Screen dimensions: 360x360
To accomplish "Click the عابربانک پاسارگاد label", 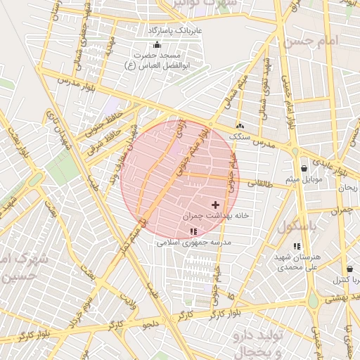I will [x=174, y=31].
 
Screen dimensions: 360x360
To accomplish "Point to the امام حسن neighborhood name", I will [x=310, y=41].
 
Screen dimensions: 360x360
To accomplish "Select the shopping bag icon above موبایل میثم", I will [x=304, y=168].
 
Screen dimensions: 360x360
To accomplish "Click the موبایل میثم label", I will [x=303, y=179].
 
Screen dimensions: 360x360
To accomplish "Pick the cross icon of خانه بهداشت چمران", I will [x=214, y=205].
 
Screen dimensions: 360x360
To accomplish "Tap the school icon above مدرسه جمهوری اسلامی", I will [x=193, y=231].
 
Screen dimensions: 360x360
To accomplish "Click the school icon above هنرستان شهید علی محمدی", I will [x=297, y=246].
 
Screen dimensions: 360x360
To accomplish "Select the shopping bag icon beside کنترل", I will [x=349, y=269].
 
